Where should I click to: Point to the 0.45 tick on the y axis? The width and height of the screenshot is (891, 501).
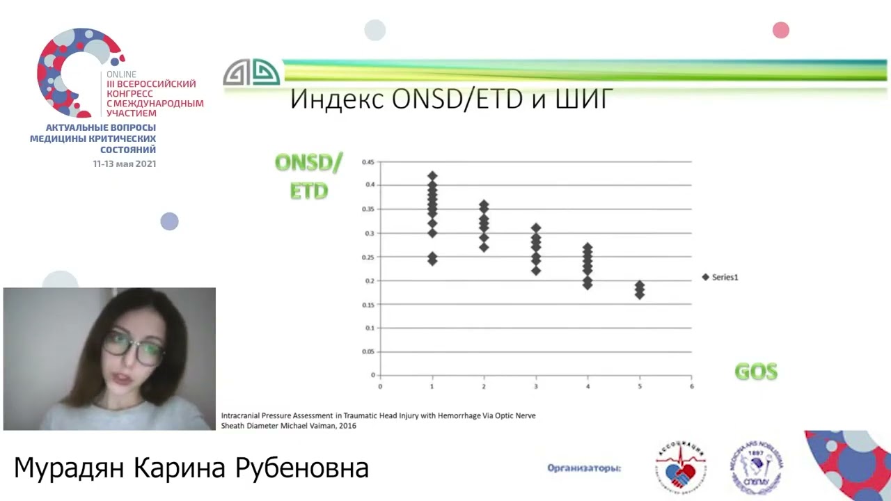pos(368,162)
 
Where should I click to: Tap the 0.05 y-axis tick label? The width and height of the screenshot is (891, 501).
pos(368,351)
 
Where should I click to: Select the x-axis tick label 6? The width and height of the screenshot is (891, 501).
pos(691,386)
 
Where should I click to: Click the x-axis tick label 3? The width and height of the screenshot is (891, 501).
pos(536,386)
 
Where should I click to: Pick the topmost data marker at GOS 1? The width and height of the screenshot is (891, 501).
pos(432,176)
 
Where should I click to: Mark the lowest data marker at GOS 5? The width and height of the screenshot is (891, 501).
pos(640,295)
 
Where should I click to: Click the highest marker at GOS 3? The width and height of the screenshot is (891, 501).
pos(536,228)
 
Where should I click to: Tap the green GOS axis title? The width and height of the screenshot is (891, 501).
pos(756,372)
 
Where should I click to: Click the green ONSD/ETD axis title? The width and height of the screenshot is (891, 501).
pos(308,177)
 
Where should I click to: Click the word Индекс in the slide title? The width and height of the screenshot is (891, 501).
pos(336,100)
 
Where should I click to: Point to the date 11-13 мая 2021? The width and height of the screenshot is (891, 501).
pos(125,164)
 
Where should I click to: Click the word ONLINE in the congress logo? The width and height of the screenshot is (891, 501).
pos(121,74)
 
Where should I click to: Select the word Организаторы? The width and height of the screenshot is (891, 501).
pos(584,468)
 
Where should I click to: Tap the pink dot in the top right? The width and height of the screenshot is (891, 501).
pos(781,30)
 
